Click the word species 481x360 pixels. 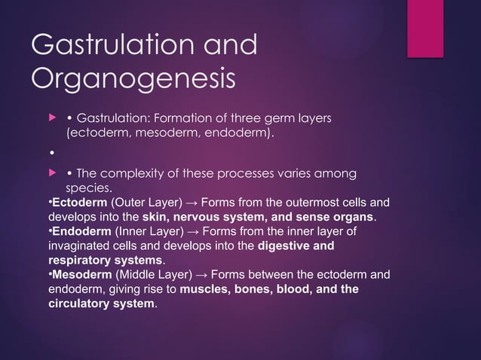coord(90,188)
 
